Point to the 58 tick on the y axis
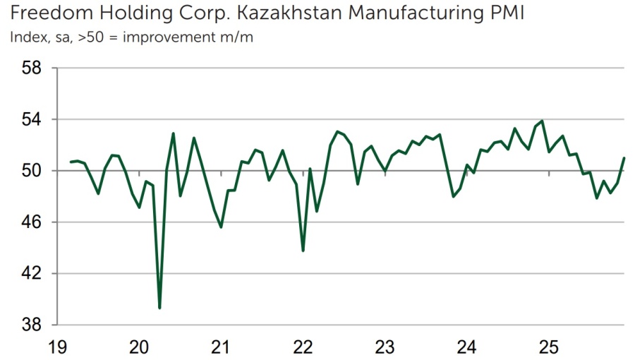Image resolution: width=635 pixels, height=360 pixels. tap(33, 68)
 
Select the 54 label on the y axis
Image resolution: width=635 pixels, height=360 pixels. tap(33, 119)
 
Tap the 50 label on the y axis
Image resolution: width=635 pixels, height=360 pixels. tap(33, 171)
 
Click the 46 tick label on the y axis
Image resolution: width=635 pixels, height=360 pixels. tap(33, 222)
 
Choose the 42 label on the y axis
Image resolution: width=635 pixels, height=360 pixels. tap(33, 274)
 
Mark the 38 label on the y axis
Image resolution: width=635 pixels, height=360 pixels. tap(33, 325)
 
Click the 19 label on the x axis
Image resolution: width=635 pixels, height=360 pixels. tap(58, 347)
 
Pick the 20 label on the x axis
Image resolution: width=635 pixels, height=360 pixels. tap(139, 347)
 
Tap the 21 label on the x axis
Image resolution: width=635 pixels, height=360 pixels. tap(222, 347)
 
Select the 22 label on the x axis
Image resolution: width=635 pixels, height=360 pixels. tap(303, 347)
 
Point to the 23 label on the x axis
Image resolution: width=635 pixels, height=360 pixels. tap(385, 347)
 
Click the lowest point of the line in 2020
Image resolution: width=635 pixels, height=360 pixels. tap(159, 308)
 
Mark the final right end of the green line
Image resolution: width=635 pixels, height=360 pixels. tap(624, 158)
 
